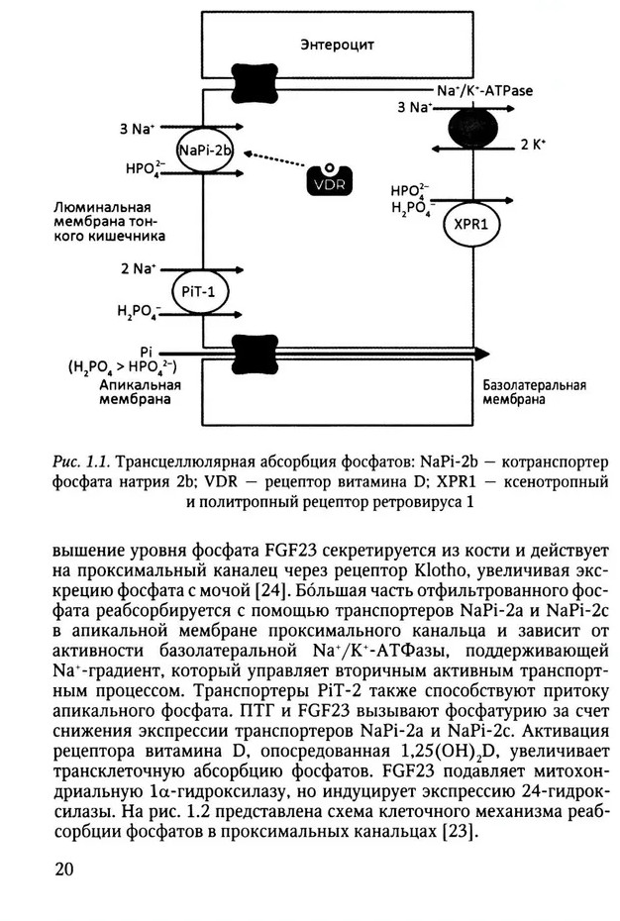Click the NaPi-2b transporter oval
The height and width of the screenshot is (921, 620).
click(204, 151)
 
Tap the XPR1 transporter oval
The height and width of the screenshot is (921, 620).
click(470, 224)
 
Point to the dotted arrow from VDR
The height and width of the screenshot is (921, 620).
click(281, 163)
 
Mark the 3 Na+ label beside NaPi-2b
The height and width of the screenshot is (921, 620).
click(139, 128)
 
